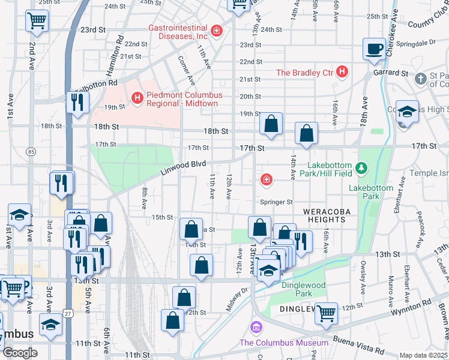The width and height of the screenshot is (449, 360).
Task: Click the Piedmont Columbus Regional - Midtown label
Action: pos(184,100)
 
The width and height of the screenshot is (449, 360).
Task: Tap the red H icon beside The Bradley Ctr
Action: pos(342,73)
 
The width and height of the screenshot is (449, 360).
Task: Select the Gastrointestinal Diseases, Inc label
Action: pos(179,32)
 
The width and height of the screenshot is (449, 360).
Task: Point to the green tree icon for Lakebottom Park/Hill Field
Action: pos(361,166)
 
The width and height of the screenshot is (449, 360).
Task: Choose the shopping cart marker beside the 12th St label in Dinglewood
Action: pos(326,313)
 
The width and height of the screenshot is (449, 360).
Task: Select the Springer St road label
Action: pos(276,202)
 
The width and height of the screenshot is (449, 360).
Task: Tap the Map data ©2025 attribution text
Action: pos(424,355)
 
